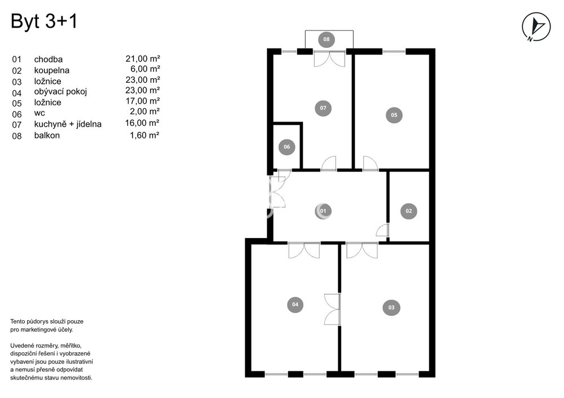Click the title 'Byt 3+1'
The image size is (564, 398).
[x=44, y=21]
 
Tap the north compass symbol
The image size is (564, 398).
[x=536, y=26]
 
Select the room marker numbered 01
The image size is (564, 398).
[x=323, y=211]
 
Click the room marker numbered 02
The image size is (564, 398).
[x=408, y=211]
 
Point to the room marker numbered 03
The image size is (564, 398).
[x=391, y=307]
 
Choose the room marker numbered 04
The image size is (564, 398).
[x=296, y=305]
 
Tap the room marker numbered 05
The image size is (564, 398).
[x=394, y=115]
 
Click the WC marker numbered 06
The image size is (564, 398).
[x=287, y=147]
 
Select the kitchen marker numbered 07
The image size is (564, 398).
[x=323, y=108]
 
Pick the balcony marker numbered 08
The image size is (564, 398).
[x=327, y=39]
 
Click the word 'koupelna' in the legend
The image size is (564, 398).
[x=52, y=70]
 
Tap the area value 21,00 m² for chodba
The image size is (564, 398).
[x=143, y=59]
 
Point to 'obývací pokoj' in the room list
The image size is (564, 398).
[x=60, y=92]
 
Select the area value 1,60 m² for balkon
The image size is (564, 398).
[x=144, y=135]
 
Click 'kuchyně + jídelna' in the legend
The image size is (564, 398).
[x=68, y=124]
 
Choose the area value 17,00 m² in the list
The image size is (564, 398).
[x=143, y=101]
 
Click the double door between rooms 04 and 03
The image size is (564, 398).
[x=332, y=310]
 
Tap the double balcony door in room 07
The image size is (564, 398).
[x=329, y=59]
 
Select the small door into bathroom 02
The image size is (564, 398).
[x=383, y=230]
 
